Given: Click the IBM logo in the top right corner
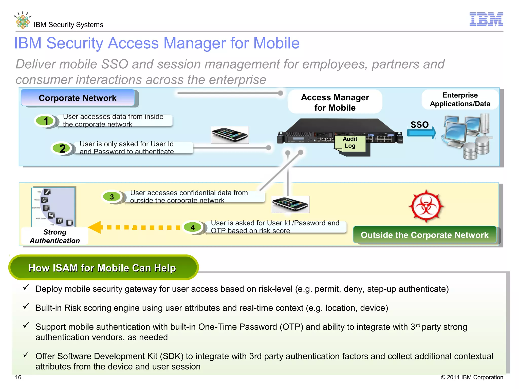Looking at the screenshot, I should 486,19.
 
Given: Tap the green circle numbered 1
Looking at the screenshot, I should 45,121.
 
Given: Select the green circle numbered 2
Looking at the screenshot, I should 62,148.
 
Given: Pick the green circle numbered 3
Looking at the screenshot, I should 112,197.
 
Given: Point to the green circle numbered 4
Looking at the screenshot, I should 193,227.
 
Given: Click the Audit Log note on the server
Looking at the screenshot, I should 350,143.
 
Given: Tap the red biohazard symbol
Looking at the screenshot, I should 426,206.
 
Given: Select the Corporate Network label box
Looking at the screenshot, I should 78,98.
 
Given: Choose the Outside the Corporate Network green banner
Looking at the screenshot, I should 424,235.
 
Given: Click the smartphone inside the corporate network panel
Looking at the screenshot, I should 230,135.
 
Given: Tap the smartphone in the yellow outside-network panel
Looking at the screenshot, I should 290,204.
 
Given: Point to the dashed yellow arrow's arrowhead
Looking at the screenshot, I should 96,227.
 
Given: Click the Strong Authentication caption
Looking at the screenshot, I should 55,236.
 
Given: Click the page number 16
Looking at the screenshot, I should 18,377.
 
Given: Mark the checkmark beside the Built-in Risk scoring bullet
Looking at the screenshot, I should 26,306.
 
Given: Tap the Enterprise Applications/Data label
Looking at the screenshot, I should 460,100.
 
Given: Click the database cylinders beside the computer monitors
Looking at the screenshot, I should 476,149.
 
